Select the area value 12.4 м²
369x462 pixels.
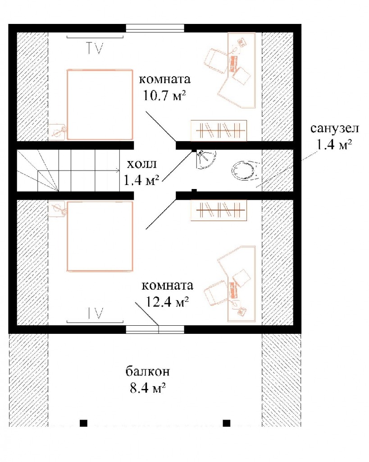(x=167, y=301)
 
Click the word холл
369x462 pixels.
(x=141, y=164)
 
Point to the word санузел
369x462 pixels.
(x=335, y=129)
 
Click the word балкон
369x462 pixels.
(x=148, y=371)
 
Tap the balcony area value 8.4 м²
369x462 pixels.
(x=148, y=388)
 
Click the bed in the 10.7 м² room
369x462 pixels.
(x=100, y=104)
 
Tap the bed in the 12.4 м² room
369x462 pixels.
(x=100, y=236)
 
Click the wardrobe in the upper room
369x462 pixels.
(x=219, y=130)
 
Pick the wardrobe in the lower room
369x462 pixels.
(x=219, y=210)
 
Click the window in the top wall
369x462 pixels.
(x=155, y=28)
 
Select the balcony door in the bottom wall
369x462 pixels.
(x=155, y=329)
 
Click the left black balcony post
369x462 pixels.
(x=83, y=423)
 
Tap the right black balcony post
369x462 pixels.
(x=226, y=423)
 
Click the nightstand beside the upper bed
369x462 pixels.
(x=57, y=131)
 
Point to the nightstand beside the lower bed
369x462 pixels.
(x=57, y=209)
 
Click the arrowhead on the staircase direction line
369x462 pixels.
(x=118, y=170)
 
